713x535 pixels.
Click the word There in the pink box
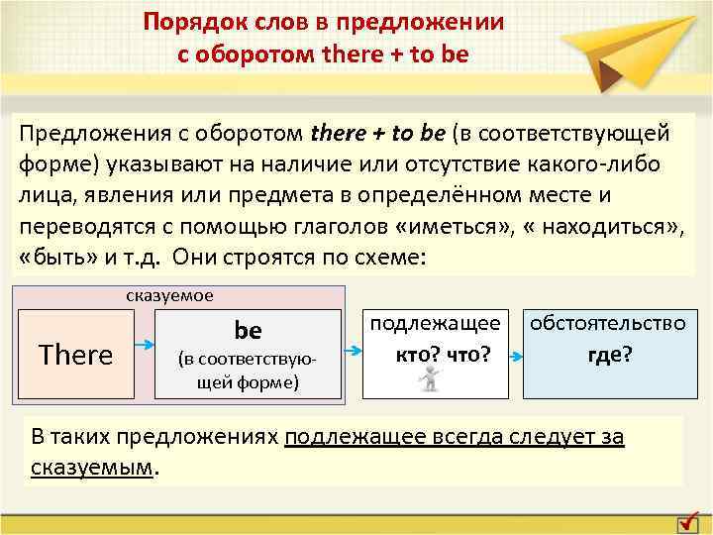point(75,355)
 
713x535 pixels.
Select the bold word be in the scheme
point(247,328)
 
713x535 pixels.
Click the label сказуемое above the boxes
point(169,295)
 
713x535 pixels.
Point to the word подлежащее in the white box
point(435,323)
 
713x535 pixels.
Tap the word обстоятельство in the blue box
point(608,323)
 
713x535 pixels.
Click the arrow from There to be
point(145,346)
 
